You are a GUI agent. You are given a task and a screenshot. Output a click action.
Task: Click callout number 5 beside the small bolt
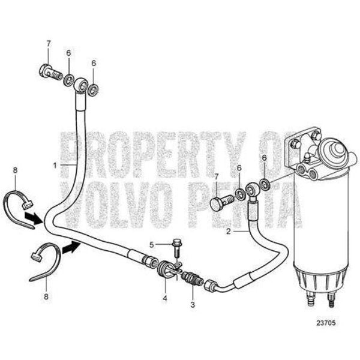(x=152, y=244)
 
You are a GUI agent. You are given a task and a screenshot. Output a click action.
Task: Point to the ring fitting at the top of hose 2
(x=253, y=191)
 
